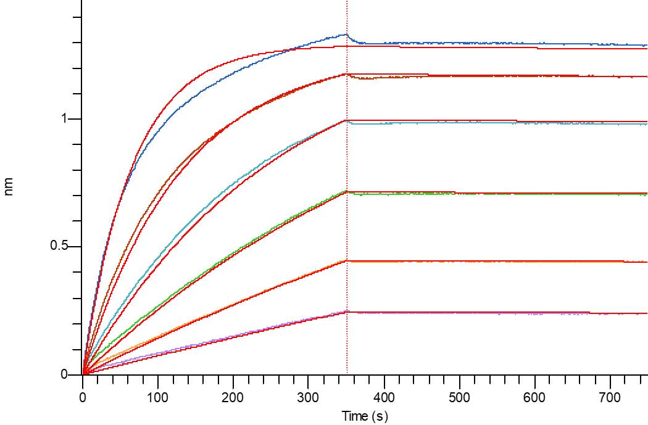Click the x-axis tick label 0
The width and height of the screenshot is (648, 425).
click(x=83, y=398)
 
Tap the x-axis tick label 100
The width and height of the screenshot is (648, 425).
click(x=157, y=398)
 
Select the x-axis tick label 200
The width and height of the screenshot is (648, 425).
click(x=233, y=398)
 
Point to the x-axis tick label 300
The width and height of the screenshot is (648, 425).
click(x=309, y=398)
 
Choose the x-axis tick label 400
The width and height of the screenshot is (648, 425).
click(x=384, y=398)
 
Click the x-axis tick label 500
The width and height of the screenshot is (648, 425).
click(x=459, y=398)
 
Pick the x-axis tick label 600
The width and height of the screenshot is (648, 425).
click(x=534, y=398)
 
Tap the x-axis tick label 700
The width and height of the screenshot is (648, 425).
click(x=610, y=398)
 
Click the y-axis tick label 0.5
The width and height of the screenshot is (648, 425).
click(x=59, y=246)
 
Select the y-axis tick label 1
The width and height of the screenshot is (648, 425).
click(x=64, y=118)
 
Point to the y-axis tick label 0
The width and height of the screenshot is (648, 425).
click(x=64, y=374)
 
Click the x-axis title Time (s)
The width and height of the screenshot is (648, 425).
click(x=365, y=416)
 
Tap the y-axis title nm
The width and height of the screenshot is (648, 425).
click(x=8, y=186)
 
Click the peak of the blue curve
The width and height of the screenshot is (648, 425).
click(x=346, y=35)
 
